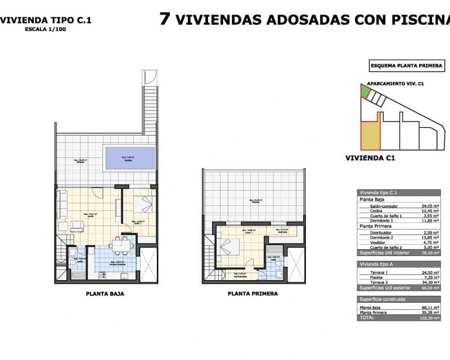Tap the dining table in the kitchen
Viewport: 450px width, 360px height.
pyautogui.click(x=120, y=245)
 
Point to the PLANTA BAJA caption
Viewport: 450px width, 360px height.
pyautogui.click(x=105, y=294)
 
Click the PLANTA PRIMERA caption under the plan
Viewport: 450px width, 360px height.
pyautogui.click(x=253, y=294)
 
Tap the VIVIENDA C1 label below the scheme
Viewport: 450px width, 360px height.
pyautogui.click(x=370, y=158)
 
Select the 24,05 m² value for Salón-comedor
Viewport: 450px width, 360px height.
pyautogui.click(x=431, y=206)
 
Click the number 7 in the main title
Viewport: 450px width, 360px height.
pyautogui.click(x=165, y=19)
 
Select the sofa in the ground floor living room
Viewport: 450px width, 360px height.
pyautogui.click(x=61, y=205)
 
